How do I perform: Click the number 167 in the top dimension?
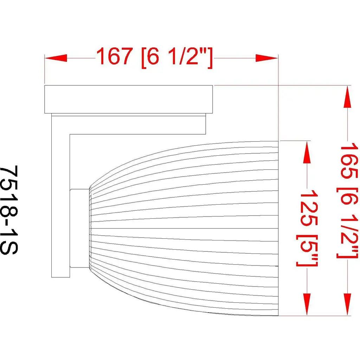tap(114, 56)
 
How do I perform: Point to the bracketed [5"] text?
tap(307, 250)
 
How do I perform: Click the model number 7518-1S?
tap(9, 210)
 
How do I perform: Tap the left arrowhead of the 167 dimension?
tap(56, 58)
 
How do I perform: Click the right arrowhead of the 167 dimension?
tap(267, 58)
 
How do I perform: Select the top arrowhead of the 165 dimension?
tap(348, 96)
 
